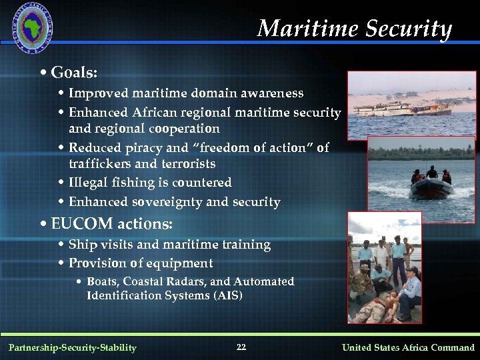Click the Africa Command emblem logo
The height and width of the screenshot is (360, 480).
pos(33,27)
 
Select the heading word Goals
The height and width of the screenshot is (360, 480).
pos(77,71)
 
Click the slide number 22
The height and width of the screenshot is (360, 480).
pos(241,347)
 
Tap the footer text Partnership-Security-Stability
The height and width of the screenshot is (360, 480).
pos(72,347)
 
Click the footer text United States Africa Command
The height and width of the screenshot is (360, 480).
pos(408,347)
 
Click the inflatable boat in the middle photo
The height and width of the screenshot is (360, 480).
pos(429,186)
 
